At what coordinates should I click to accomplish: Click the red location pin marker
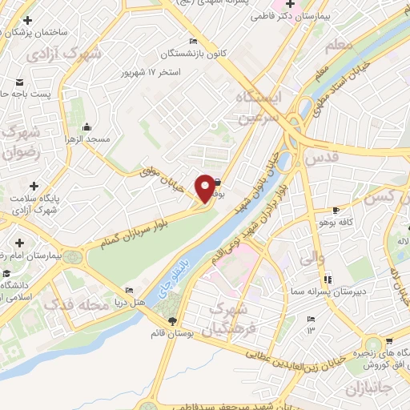205,187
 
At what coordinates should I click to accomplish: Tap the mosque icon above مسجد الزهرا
86,127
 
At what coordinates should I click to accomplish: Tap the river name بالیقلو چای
175,272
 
